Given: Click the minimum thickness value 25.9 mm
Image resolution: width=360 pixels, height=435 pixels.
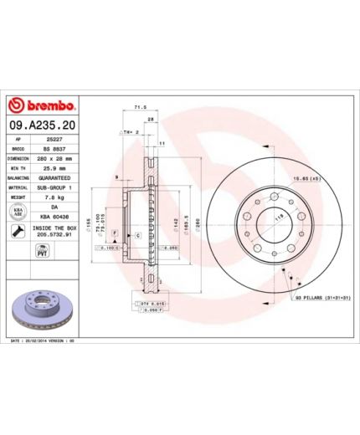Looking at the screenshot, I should tap(56, 168).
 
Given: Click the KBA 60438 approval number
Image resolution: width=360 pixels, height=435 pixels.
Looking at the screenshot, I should tap(56, 217).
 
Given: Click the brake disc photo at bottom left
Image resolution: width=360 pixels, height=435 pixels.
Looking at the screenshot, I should tap(49, 307).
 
